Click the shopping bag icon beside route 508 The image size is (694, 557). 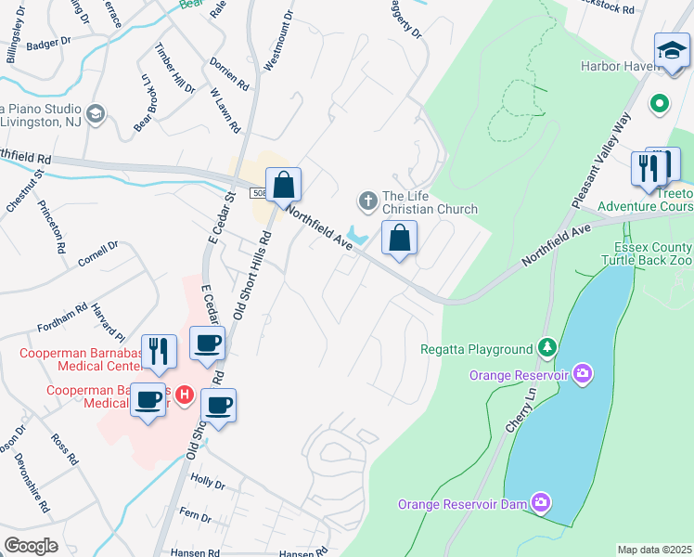(284, 185)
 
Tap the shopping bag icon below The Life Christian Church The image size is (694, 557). (399, 239)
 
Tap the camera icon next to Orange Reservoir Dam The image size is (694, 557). (541, 504)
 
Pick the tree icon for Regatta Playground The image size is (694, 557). (548, 348)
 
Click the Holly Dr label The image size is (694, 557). (208, 484)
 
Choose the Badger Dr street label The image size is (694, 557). (49, 43)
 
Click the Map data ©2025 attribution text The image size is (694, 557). (654, 550)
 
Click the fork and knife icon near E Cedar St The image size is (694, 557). (159, 351)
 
